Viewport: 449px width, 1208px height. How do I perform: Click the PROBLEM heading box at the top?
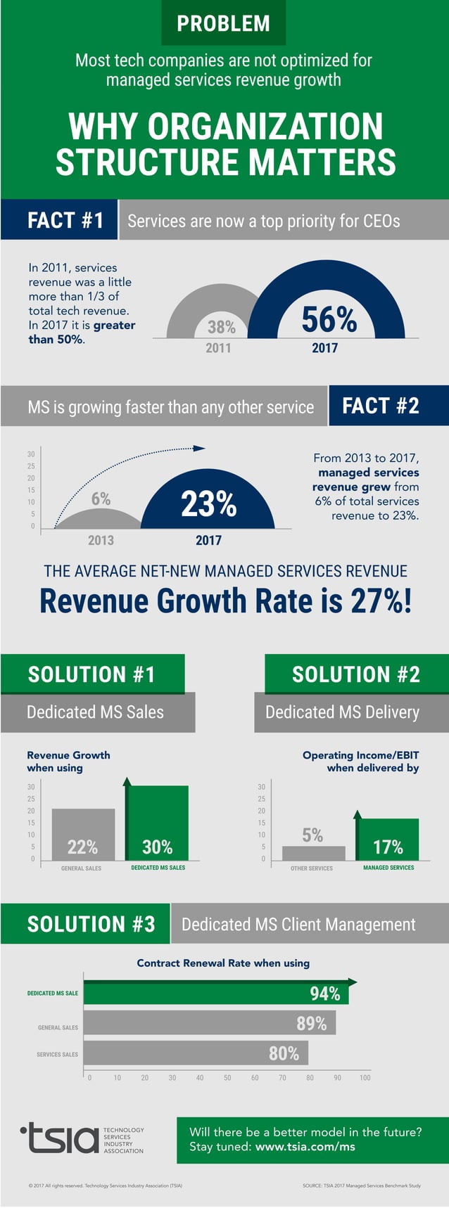[223, 23]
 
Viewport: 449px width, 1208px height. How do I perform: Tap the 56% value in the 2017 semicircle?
[329, 319]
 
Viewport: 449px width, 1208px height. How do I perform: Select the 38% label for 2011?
[221, 327]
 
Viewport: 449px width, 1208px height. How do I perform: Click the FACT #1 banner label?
[65, 220]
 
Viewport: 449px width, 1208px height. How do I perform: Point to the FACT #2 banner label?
[381, 406]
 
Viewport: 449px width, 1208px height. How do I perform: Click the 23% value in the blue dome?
[208, 503]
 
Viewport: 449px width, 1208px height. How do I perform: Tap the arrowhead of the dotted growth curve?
[200, 448]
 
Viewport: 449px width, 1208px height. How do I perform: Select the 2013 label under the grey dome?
[101, 540]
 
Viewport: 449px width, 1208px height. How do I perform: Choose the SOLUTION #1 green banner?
[92, 674]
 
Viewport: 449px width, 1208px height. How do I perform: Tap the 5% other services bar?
[313, 852]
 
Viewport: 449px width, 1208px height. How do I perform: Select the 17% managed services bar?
[388, 840]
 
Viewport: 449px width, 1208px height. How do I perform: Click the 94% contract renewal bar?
[215, 994]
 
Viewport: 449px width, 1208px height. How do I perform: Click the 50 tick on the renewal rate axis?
[227, 1077]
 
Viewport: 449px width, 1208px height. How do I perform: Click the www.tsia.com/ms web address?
[305, 1147]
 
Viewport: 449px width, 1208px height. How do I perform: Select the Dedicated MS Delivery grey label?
[343, 712]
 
